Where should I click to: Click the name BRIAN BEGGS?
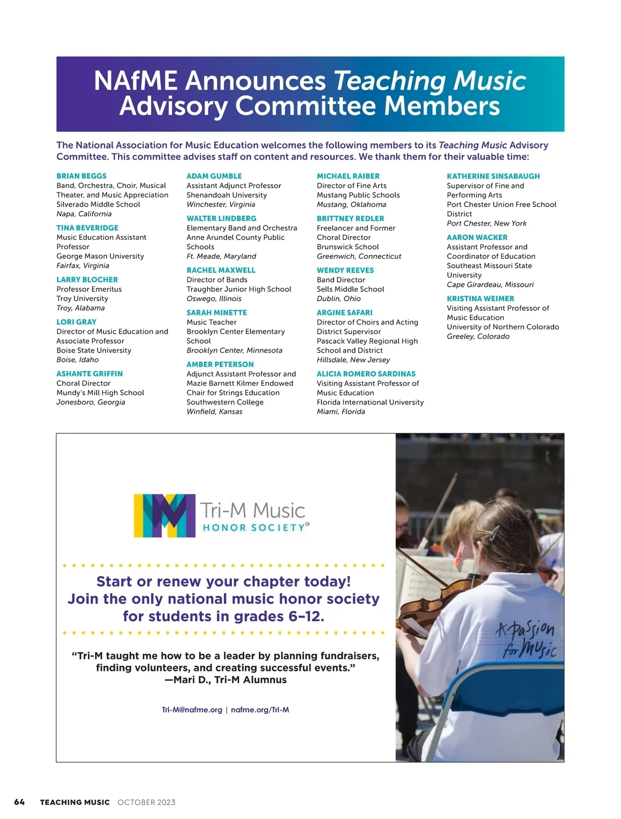point(81,176)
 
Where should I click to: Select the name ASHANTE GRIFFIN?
point(90,374)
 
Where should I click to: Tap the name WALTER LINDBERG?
point(221,218)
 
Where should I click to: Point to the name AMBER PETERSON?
point(220,364)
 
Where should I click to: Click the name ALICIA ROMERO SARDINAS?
point(366,374)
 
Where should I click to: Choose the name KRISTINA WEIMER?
point(480,299)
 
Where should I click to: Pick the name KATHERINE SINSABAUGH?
point(493,176)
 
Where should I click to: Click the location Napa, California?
point(84,214)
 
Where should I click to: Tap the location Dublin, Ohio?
point(338,299)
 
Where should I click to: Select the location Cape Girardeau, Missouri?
point(490,285)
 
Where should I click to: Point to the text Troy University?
point(82,299)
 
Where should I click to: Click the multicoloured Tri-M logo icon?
point(165,515)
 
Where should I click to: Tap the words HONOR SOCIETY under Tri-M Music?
point(254,528)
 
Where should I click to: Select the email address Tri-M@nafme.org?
point(192,710)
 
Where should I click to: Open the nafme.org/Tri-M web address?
point(260,710)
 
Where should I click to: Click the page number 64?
point(20,802)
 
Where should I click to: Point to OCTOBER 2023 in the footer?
point(146,802)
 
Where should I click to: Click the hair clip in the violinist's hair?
point(495,532)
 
